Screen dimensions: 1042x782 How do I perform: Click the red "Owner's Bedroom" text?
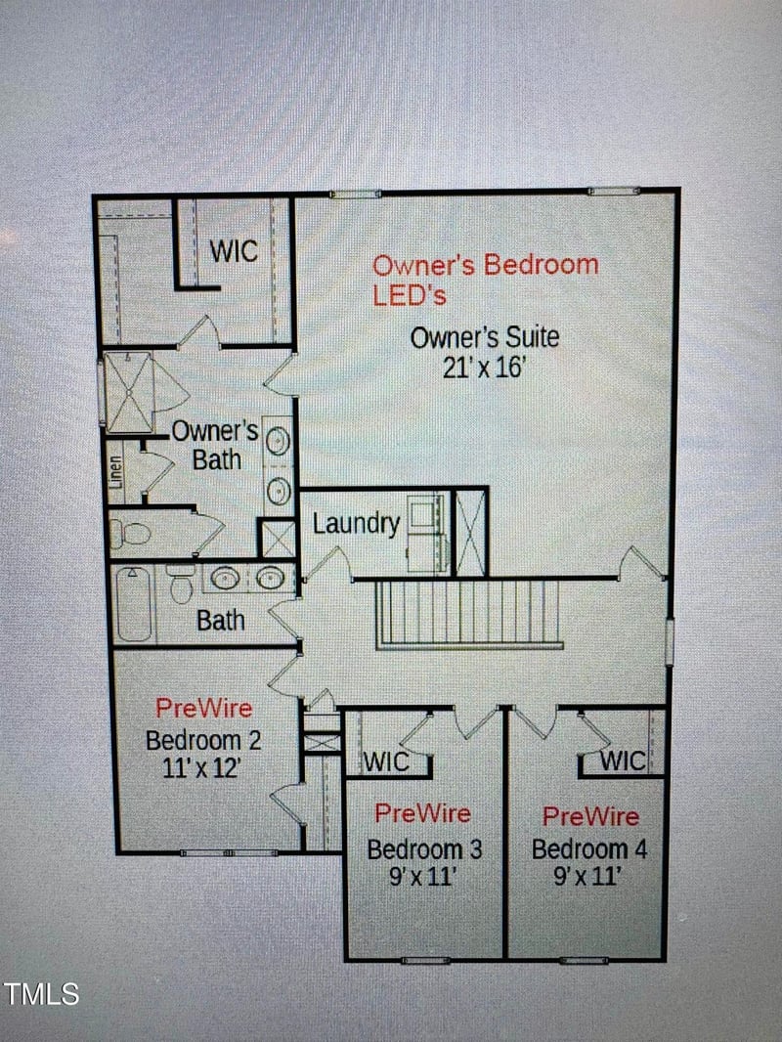(x=485, y=265)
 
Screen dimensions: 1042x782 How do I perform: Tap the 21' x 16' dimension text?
(x=485, y=368)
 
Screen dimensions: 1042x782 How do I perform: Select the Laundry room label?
(x=356, y=524)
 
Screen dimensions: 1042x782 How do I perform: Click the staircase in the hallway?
(x=468, y=613)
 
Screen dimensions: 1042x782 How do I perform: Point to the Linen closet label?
(x=116, y=466)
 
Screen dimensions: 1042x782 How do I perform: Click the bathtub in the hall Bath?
(x=133, y=603)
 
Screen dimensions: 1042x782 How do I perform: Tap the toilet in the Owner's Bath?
(x=130, y=534)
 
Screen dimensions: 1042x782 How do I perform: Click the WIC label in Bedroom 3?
(x=386, y=761)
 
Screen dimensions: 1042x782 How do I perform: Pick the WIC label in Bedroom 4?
(x=622, y=760)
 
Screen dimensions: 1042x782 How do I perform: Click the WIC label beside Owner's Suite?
(x=234, y=251)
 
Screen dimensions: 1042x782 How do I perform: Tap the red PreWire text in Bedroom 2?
(x=203, y=709)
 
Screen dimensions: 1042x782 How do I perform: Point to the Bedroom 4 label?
(x=588, y=849)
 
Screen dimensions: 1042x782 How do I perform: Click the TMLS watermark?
(x=41, y=995)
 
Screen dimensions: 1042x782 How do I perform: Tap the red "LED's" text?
(x=409, y=294)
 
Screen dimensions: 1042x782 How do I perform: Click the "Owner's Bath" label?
(x=215, y=445)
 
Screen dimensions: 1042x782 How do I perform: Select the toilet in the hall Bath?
(x=180, y=585)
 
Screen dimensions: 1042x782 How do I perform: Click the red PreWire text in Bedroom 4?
(x=590, y=816)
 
